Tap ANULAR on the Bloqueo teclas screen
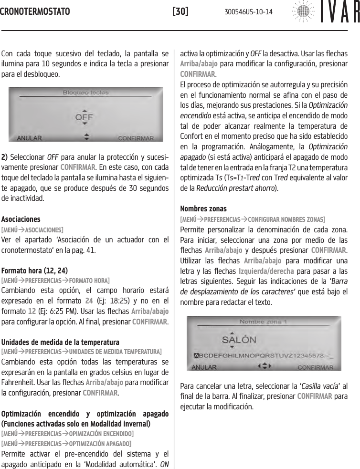(x=29, y=138)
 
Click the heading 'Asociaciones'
(x=21, y=219)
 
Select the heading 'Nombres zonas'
(x=203, y=208)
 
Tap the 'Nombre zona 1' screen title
(x=263, y=321)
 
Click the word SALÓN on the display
(x=239, y=340)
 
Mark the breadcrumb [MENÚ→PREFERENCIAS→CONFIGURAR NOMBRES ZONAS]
(x=253, y=219)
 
